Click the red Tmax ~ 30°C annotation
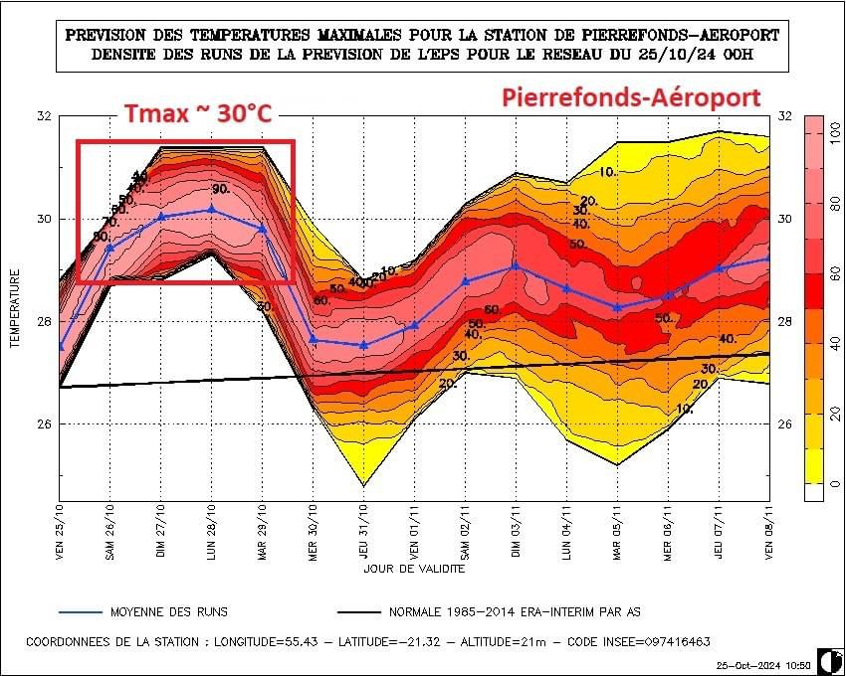click(197, 114)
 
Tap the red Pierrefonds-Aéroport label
click(631, 97)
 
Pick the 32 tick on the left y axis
click(44, 117)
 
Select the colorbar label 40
click(835, 343)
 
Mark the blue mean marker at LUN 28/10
click(211, 209)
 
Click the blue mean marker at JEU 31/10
click(363, 345)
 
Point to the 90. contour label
click(221, 189)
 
